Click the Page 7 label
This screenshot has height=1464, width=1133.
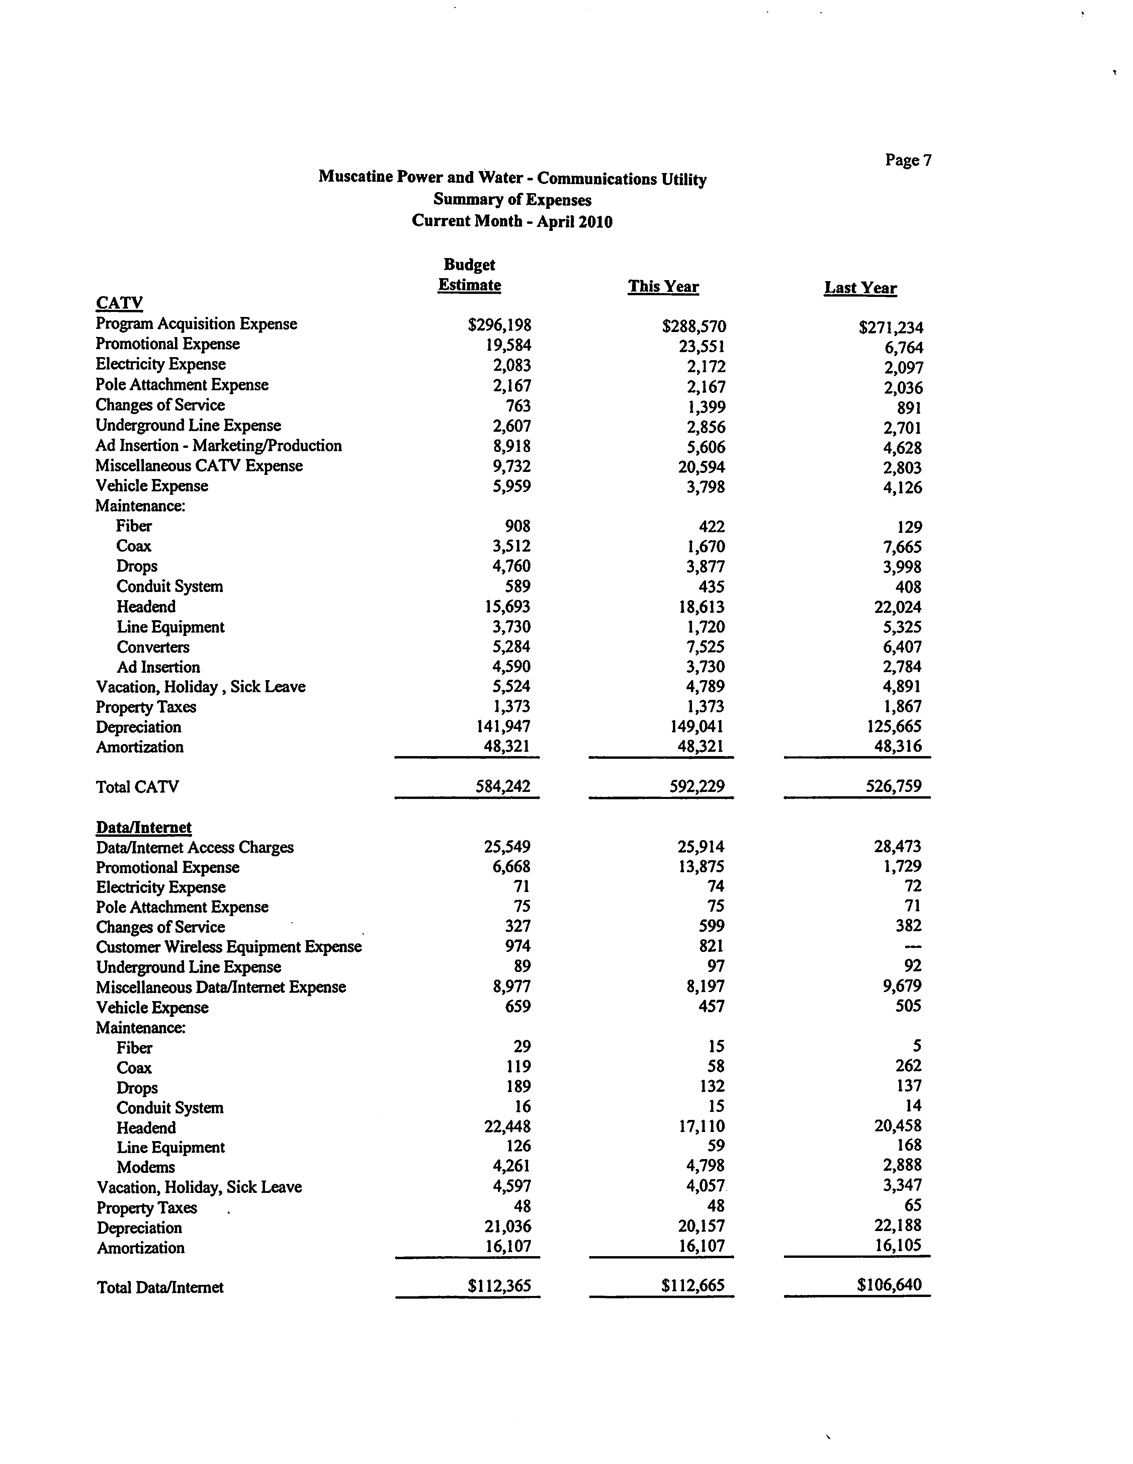click(x=908, y=160)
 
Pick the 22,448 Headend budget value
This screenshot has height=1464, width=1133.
click(x=507, y=1127)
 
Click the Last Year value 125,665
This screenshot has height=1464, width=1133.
click(x=893, y=727)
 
